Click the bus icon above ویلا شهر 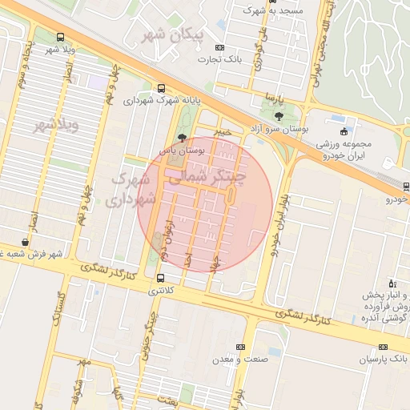point(61,37)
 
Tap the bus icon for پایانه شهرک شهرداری point(162,89)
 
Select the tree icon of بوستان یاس point(183,137)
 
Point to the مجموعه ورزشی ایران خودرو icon point(344,131)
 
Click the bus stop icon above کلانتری point(162,279)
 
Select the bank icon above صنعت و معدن point(240,347)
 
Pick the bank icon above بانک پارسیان point(383,347)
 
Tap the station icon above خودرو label point(406,186)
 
